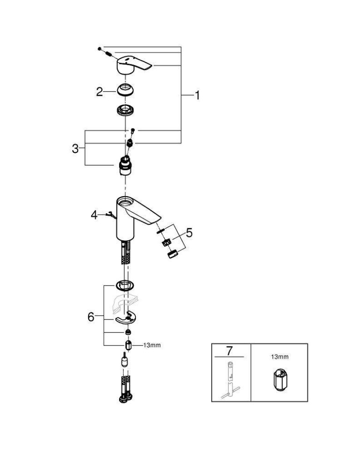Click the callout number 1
197,95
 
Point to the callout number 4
94,215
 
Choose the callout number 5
189,233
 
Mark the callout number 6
91,317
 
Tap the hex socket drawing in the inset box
279,380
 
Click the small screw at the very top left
100,48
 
